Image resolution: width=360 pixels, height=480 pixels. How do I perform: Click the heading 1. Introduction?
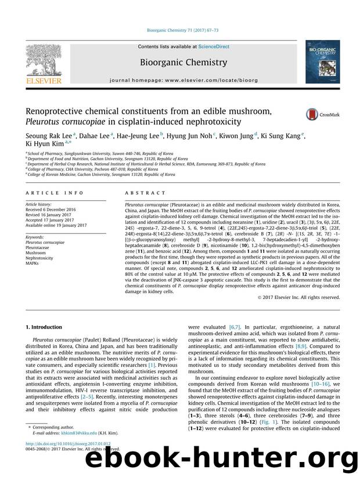[x=48, y=327]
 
